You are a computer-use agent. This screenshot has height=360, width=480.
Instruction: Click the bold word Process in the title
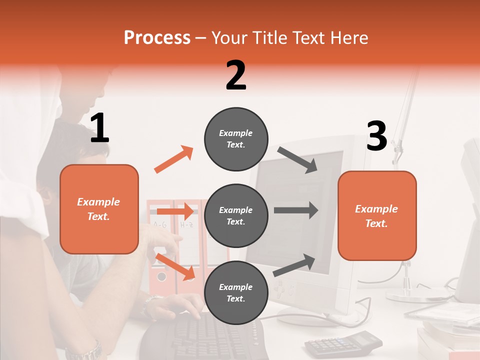157,38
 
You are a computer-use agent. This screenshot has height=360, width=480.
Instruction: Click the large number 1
99,128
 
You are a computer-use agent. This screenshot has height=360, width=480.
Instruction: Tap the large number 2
236,75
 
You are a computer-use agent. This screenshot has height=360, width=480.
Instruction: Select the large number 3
376,136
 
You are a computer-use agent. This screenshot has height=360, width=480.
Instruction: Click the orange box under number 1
99,209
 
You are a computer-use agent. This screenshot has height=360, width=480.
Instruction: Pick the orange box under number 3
377,215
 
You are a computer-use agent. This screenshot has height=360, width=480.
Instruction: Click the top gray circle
236,139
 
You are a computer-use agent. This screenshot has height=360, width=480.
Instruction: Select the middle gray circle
236,215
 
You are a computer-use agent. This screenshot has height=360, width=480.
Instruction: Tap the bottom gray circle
236,292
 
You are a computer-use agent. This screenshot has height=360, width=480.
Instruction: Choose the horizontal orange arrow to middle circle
175,211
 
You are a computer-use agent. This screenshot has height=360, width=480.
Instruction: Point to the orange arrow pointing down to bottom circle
175,266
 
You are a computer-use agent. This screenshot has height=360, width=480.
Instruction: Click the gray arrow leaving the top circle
297,159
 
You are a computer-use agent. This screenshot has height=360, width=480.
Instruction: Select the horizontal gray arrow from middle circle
296,210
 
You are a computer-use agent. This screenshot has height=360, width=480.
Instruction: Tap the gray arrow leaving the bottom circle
294,265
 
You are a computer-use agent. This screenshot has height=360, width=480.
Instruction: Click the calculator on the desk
343,342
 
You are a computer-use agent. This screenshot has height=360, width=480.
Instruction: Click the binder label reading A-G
160,224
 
